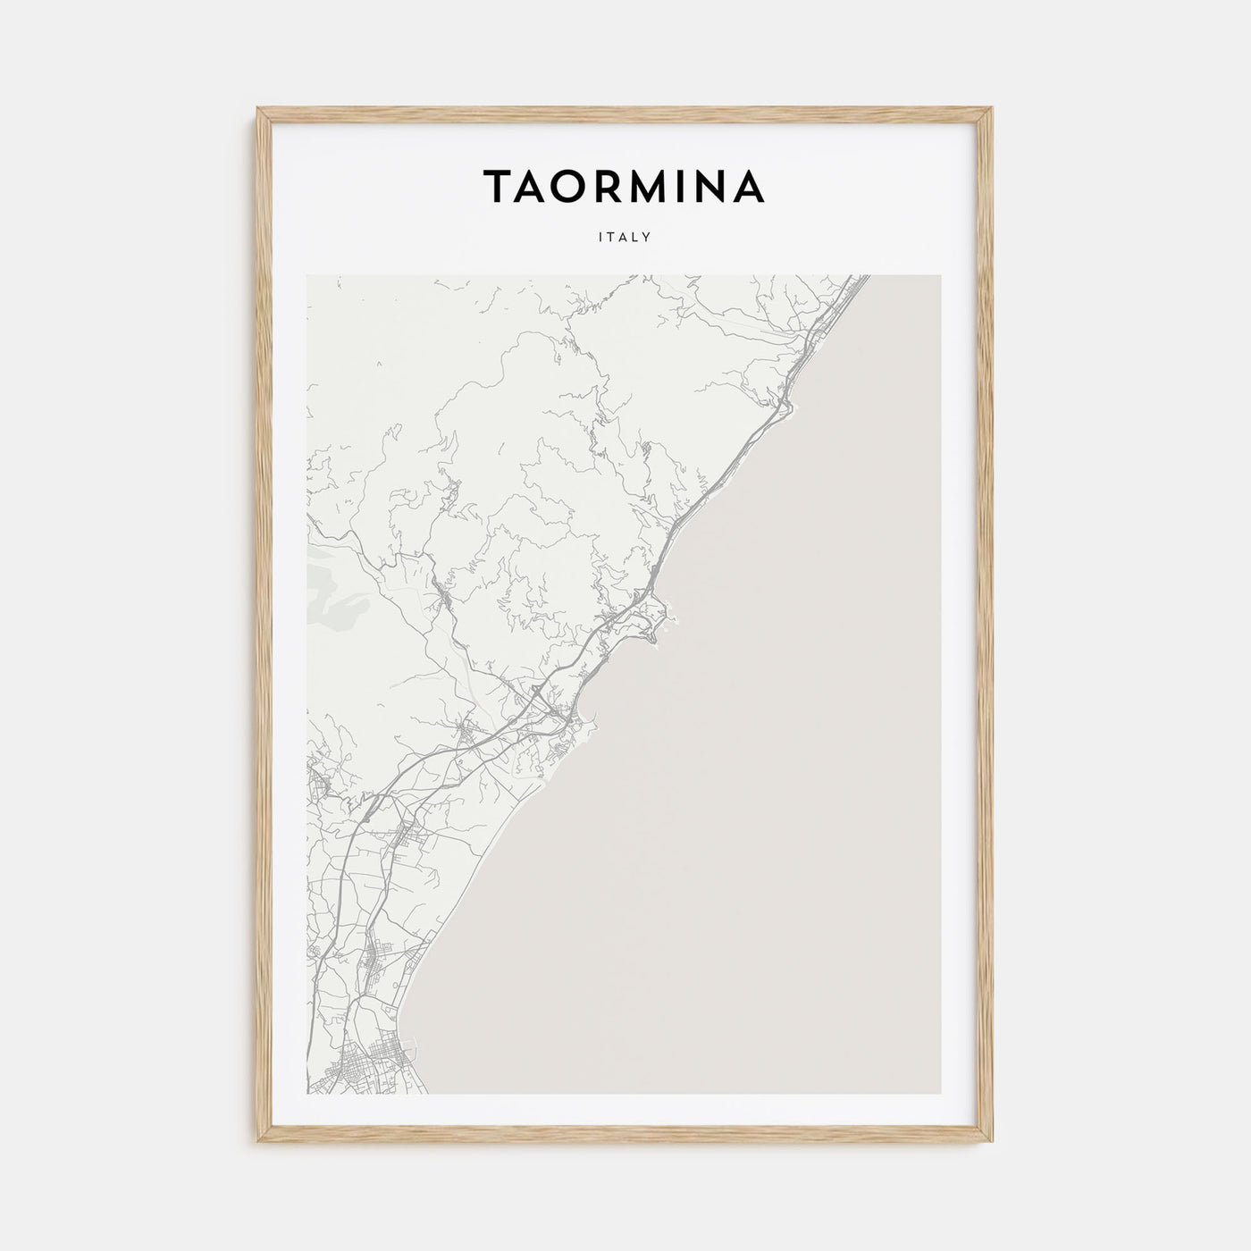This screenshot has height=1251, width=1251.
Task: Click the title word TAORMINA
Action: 624,185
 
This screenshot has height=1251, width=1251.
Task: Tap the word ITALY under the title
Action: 625,238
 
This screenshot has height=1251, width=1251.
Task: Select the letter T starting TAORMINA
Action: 497,185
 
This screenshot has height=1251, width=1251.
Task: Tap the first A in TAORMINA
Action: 530,185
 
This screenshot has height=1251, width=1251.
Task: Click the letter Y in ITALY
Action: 645,238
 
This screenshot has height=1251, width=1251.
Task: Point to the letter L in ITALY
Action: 634,238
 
